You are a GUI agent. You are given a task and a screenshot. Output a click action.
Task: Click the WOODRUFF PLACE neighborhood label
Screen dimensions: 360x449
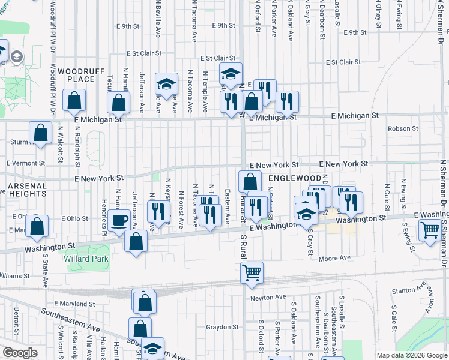77,74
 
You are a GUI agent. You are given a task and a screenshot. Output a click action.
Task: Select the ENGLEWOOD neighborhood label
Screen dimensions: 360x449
295,179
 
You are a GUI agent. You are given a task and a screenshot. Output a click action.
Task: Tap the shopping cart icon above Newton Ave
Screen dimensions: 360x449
252,273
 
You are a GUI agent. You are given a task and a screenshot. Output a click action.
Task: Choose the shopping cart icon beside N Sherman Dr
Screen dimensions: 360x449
430,231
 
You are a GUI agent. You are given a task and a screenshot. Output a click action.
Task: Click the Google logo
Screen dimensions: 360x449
20,353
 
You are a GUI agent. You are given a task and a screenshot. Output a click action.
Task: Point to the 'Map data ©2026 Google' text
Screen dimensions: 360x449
411,355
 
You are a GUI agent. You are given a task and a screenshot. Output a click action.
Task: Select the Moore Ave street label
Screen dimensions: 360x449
334,258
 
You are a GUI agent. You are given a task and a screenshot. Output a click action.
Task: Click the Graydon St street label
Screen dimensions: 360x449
223,327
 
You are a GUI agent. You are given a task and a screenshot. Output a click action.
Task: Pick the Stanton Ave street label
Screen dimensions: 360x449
403,291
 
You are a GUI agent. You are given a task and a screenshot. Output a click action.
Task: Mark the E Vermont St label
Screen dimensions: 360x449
26,163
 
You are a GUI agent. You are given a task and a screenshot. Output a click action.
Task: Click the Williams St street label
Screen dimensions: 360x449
14,276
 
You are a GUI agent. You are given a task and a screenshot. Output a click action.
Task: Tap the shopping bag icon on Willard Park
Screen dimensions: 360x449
136,241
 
